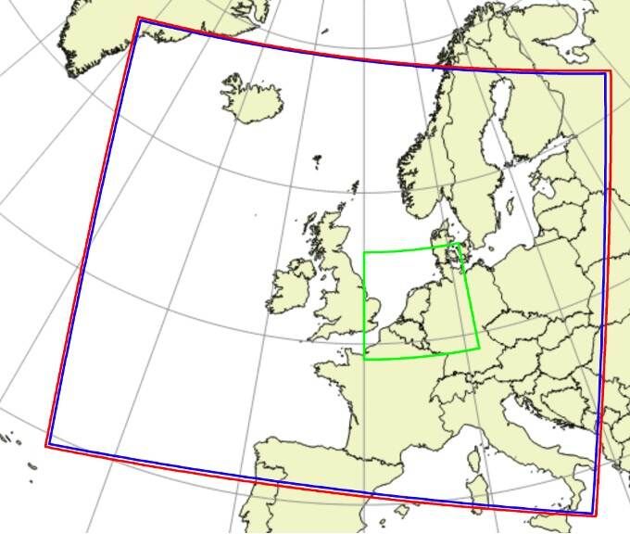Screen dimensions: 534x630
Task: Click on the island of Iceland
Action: coord(252,100)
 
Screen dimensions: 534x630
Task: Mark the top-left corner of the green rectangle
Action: coord(364,252)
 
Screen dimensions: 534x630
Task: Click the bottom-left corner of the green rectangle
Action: coord(365,358)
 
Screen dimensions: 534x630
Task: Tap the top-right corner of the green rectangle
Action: coord(459,244)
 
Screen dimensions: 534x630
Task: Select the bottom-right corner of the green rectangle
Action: coord(479,349)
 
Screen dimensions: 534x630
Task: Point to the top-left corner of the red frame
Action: coord(138,18)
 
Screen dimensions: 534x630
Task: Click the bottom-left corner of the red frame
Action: coord(46,446)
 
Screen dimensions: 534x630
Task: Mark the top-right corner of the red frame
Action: coord(610,70)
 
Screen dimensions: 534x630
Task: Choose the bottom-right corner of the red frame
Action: coord(596,515)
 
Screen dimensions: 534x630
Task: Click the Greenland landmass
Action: coord(111,28)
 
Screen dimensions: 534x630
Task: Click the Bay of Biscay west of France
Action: coord(306,408)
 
